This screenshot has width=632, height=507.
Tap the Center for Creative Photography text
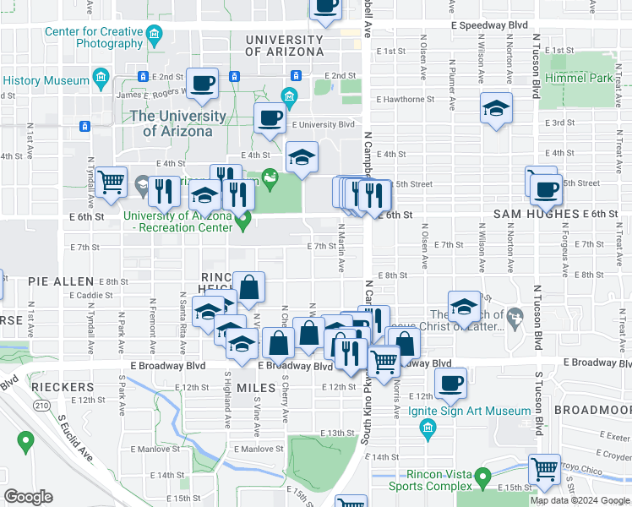pyautogui.click(x=94, y=38)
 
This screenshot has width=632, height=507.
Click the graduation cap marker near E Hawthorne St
pyautogui.click(x=496, y=108)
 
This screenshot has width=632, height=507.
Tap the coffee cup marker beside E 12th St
pyautogui.click(x=450, y=382)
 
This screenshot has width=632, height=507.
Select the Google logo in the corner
pyautogui.click(x=29, y=496)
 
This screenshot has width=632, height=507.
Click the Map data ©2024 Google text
pyautogui.click(x=579, y=500)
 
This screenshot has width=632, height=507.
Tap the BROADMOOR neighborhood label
pyautogui.click(x=592, y=409)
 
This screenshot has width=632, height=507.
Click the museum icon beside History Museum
pyautogui.click(x=101, y=80)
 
